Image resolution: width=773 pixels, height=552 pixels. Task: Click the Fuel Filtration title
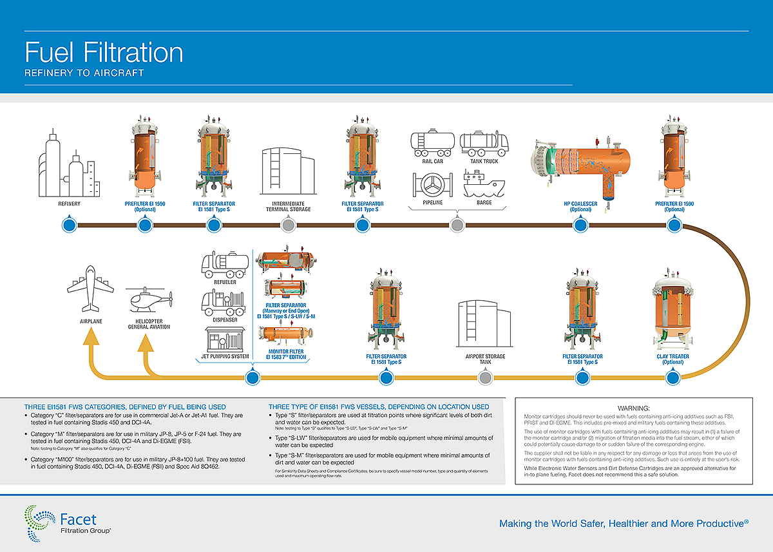tap(104, 52)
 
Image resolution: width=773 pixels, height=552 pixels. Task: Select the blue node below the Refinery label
tap(69, 225)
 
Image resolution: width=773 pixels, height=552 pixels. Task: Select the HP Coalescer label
tap(580, 205)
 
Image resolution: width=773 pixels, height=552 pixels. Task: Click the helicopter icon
tap(149, 300)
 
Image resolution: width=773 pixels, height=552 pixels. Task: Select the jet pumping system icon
tap(225, 338)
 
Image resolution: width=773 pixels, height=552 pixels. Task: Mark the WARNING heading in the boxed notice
tap(635, 408)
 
